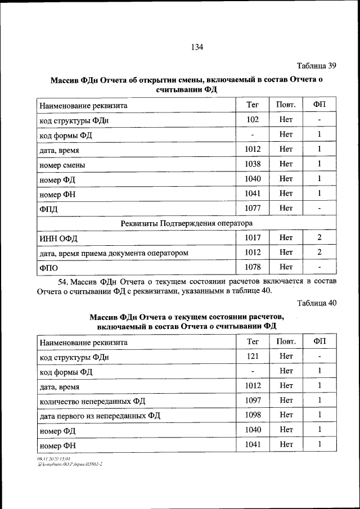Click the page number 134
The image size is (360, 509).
coord(196,47)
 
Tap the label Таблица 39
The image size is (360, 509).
coord(316,66)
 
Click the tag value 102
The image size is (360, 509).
coord(253,120)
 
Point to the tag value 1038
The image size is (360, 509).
coord(253,164)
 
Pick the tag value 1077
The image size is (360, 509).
coord(253,208)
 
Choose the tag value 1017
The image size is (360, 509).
coord(253,238)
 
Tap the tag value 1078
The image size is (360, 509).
coord(253,267)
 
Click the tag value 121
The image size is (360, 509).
coord(253,357)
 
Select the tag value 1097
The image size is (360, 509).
coord(253,400)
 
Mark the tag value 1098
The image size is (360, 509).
coord(253,415)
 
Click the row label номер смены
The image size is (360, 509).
coord(62,165)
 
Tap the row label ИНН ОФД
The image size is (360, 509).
coord(58,239)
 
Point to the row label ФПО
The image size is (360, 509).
coord(49,268)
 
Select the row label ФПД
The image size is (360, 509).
coord(49,209)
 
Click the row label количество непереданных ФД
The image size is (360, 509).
coord(92,402)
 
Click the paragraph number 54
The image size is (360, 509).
coord(64,281)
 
